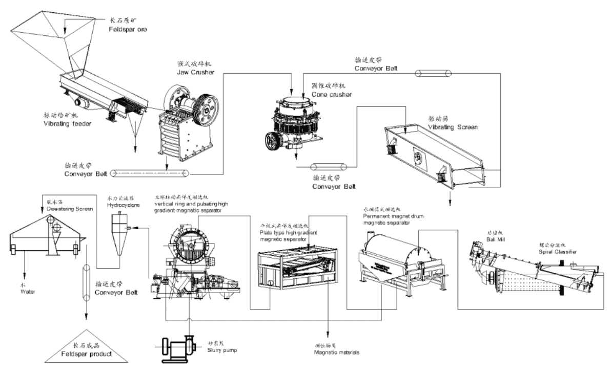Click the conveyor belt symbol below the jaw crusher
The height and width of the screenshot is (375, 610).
coord(150,173)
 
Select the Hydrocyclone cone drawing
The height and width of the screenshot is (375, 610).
coord(119,235)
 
